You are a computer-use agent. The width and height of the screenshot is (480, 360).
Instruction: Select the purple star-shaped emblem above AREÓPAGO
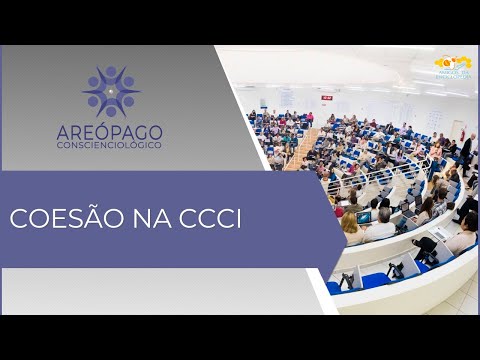tap(111, 91)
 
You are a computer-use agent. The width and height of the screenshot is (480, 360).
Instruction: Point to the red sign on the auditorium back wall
tap(327, 97)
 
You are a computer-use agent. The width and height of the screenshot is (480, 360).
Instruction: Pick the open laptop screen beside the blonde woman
tap(365, 217)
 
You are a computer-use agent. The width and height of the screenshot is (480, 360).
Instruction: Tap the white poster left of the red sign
tap(288, 97)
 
